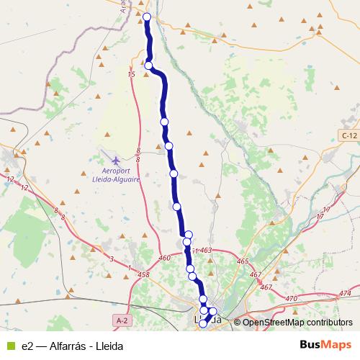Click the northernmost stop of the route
click(x=147, y=17)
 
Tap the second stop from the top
click(x=149, y=66)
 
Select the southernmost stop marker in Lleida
click(x=203, y=324)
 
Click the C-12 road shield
click(x=349, y=135)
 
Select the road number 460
click(x=165, y=257)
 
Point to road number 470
click(x=291, y=298)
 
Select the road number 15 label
click(x=131, y=74)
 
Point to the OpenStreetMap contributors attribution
click(x=295, y=322)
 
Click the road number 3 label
click(x=112, y=258)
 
